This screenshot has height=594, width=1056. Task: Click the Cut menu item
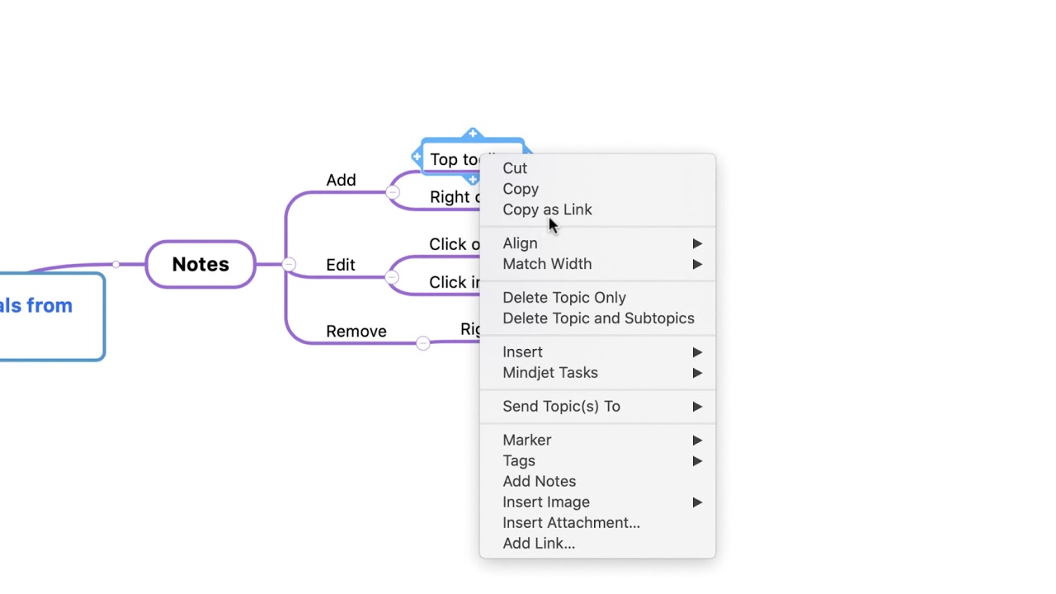[x=515, y=168]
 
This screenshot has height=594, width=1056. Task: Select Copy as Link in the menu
[x=547, y=210]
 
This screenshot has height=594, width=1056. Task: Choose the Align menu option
[x=520, y=243]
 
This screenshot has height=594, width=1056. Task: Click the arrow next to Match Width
[x=697, y=264]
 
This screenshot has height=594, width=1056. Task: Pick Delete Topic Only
[x=564, y=298]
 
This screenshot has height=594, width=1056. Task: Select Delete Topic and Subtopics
[x=598, y=318]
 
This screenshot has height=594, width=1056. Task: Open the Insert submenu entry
[x=522, y=352]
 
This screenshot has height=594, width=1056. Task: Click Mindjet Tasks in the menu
[x=550, y=373]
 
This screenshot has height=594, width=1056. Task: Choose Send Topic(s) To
[x=561, y=407]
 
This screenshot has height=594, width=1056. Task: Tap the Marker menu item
[x=526, y=441]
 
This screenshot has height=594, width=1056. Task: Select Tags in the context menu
[x=519, y=461]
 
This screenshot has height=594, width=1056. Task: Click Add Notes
[x=539, y=482]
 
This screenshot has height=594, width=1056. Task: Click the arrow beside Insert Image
[x=697, y=502]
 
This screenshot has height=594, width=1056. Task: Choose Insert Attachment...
[x=571, y=523]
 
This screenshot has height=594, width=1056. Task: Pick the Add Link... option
[x=539, y=544]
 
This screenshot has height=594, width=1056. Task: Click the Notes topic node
[x=200, y=264]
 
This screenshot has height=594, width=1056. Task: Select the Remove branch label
[x=356, y=331]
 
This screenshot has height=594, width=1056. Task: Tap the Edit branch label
[x=340, y=265]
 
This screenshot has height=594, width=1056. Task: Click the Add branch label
[x=341, y=180]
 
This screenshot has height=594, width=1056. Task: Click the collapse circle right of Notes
[x=289, y=264]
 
